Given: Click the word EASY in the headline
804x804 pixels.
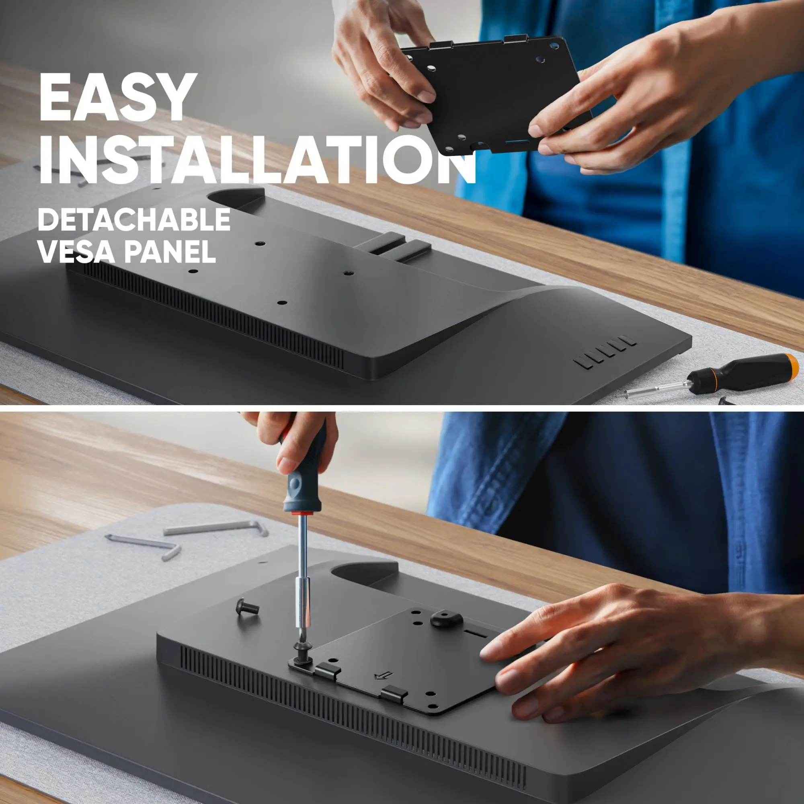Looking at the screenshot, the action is point(118,98).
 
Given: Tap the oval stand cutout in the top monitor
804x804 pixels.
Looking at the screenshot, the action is point(236,199).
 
